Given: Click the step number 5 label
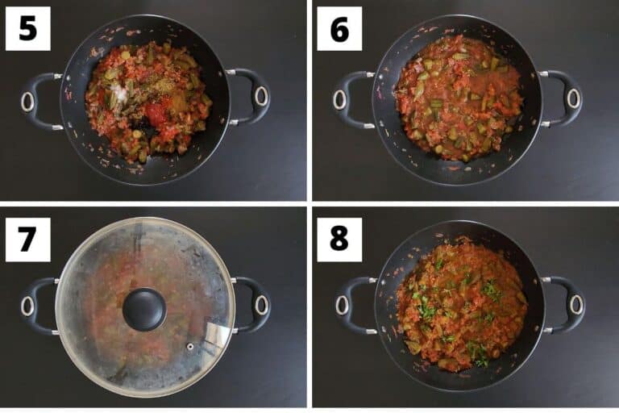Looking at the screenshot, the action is tap(28, 28).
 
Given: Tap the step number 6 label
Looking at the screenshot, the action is tap(339, 28).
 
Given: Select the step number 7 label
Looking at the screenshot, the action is tap(28, 239).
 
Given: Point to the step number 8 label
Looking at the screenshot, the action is tap(339, 239).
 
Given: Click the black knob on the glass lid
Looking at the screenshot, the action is tap(144, 310).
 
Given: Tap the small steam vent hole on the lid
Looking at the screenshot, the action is tap(190, 347).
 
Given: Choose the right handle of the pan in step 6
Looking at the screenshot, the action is tap(563, 98).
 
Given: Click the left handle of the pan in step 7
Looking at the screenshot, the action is tap(39, 307).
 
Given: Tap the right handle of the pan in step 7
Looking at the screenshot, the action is tap(252, 304).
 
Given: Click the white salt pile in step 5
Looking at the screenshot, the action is tap(119, 91).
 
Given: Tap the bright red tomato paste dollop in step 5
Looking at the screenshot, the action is tap(159, 111).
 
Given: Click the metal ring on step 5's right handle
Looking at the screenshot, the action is tap(260, 96).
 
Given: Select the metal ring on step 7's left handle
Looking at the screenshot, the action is tap(27, 307).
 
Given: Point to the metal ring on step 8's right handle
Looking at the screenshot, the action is tap(575, 305).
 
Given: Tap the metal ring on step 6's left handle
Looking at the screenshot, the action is tap(339, 99).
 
